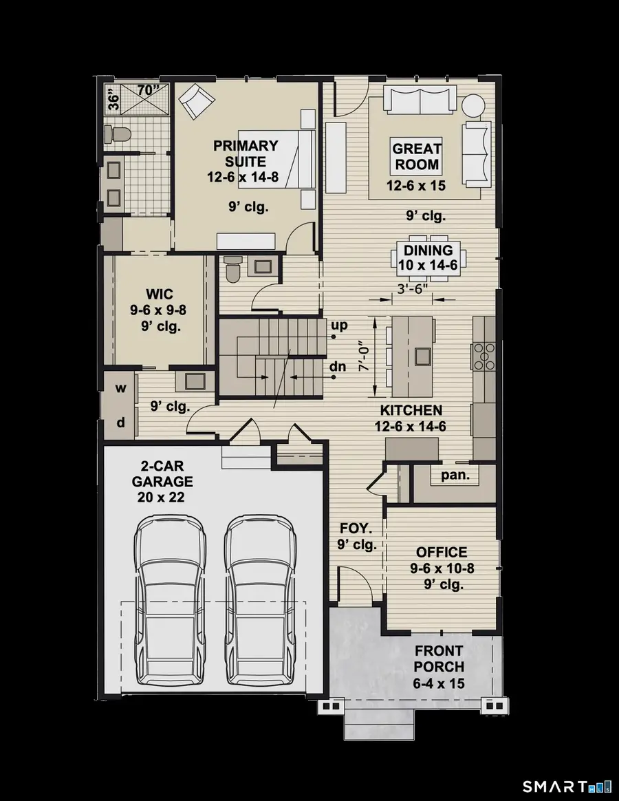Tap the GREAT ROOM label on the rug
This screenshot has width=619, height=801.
pyautogui.click(x=417, y=156)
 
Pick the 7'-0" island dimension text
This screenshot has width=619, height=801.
pyautogui.click(x=364, y=358)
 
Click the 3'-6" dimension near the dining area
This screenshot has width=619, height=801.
pyautogui.click(x=411, y=290)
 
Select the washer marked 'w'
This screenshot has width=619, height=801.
pyautogui.click(x=120, y=389)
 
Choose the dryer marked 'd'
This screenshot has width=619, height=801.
pyautogui.click(x=120, y=423)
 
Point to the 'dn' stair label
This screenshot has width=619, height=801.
pyautogui.click(x=338, y=367)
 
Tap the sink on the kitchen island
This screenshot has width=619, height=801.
pyautogui.click(x=421, y=356)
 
